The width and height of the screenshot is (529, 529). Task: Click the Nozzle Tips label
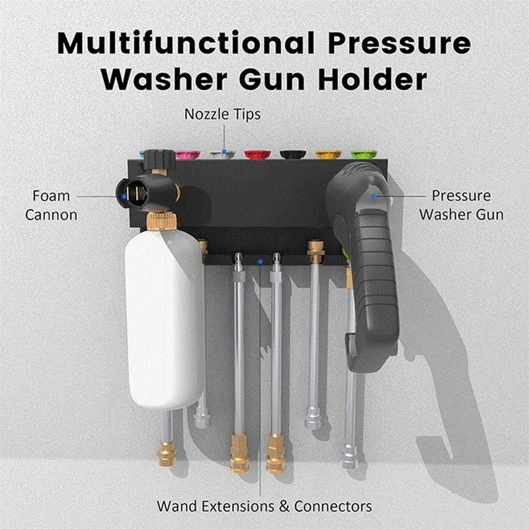(x=222, y=114)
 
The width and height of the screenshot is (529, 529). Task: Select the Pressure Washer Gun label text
(x=462, y=205)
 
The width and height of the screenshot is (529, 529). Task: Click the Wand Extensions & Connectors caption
(x=264, y=507)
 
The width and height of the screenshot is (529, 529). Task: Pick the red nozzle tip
(x=257, y=154)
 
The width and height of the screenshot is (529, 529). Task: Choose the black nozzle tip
(x=292, y=154)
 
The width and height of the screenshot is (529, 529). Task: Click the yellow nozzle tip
(x=328, y=154)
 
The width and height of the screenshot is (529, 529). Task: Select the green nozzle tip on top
(x=363, y=154)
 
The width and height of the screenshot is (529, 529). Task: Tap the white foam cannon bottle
(x=165, y=317)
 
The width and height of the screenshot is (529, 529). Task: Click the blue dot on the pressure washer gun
(x=374, y=196)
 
